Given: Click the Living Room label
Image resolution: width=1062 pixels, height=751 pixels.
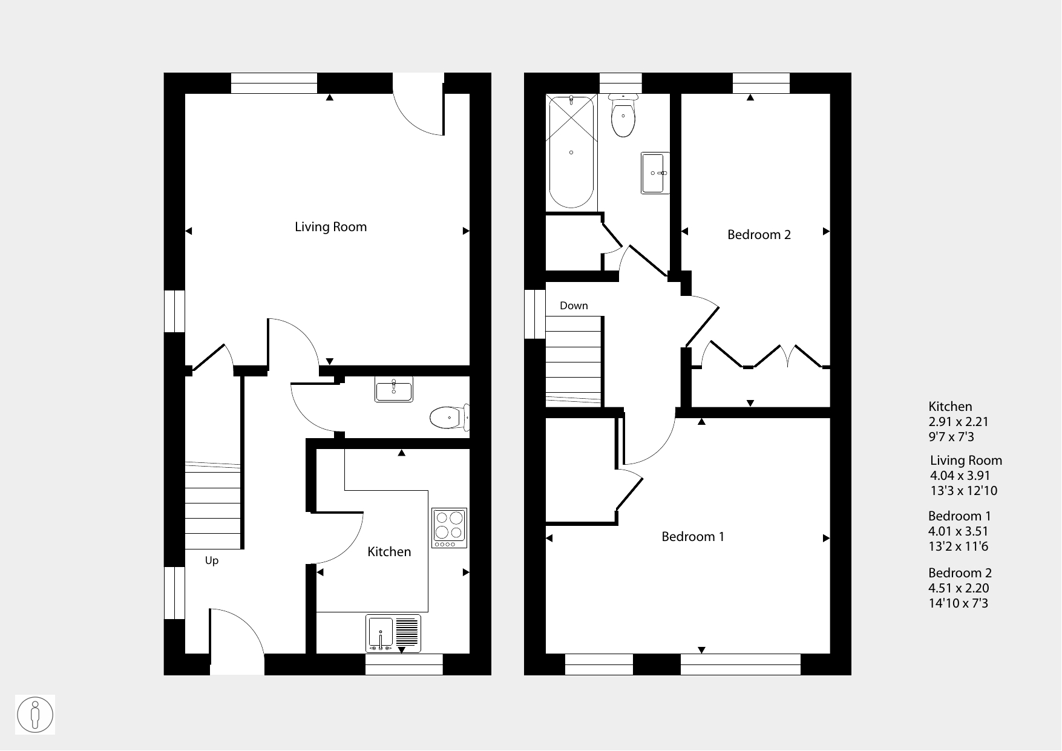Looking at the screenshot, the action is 330,227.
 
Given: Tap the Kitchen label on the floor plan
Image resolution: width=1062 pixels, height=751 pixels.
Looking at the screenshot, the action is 389,551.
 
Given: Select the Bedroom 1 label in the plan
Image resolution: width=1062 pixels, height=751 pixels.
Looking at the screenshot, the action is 693,536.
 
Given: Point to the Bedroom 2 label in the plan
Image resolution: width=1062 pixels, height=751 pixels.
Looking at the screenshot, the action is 759,234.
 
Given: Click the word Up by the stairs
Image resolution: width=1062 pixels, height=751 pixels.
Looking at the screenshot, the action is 211,560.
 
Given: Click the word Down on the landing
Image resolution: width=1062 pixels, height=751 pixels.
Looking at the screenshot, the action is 574,306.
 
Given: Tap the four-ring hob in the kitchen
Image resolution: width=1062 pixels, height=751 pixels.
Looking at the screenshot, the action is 450,528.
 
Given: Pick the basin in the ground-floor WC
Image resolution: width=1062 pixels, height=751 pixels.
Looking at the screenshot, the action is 393,389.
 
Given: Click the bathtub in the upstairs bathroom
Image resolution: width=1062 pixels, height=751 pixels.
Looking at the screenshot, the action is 571,152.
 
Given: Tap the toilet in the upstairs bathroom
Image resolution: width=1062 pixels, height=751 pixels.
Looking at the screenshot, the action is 623,116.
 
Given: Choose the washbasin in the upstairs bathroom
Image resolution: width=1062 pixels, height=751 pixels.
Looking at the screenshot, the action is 655,173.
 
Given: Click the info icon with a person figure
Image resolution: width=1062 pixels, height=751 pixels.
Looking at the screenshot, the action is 35,715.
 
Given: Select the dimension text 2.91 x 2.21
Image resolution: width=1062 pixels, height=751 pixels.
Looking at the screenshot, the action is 959,422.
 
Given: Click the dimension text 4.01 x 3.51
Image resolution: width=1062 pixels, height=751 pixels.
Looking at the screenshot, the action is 959,531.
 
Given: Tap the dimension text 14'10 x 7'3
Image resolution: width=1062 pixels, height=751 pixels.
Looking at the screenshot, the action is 959,603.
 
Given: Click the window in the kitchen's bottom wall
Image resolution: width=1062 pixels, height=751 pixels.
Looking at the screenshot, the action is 404,664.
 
